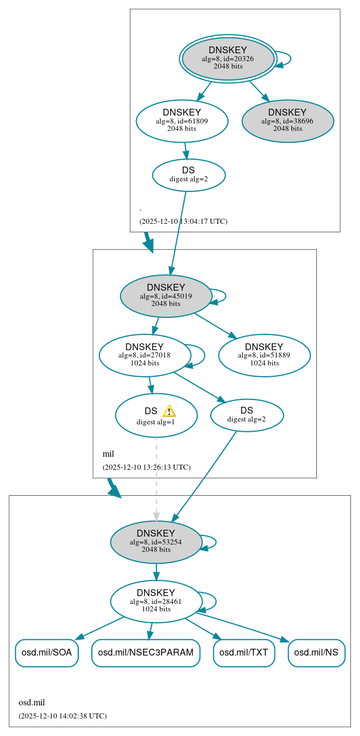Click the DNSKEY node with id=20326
tap(227, 58)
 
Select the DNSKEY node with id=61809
tap(182, 121)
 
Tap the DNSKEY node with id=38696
tap(287, 121)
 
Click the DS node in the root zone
tap(189, 175)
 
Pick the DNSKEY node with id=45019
tap(166, 296)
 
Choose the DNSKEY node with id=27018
tap(144, 355)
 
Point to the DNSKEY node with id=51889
tap(264, 355)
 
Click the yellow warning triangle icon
tap(169, 411)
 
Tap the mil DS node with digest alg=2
tap(247, 415)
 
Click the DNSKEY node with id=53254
tap(156, 542)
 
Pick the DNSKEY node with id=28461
tap(156, 602)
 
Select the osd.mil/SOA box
tap(46, 653)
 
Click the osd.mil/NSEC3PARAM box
tap(146, 653)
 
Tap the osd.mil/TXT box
tap(244, 653)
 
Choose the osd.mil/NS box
tap(316, 653)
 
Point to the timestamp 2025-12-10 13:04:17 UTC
tap(183, 222)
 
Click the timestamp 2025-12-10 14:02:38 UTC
tap(62, 716)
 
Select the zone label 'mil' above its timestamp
tap(108, 454)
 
